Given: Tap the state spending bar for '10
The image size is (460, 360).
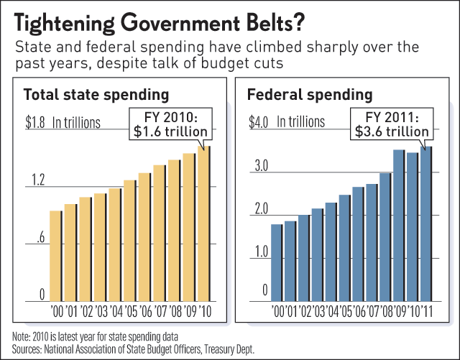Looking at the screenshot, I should tap(204, 224).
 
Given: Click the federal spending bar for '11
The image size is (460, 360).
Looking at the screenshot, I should tap(426, 224).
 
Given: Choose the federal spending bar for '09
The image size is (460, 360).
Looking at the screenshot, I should tap(397, 226).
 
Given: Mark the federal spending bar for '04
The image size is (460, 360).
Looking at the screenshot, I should tap(331, 251).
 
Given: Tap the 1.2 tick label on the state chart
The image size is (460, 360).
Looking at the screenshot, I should tap(37, 180).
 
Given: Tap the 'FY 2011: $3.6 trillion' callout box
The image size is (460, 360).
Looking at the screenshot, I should tap(392, 124).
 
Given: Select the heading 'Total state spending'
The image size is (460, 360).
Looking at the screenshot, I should tap(96, 95).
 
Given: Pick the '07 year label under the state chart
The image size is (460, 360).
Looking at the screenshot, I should tap(160, 312).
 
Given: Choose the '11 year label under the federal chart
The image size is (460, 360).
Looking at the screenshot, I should tap(426, 312).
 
